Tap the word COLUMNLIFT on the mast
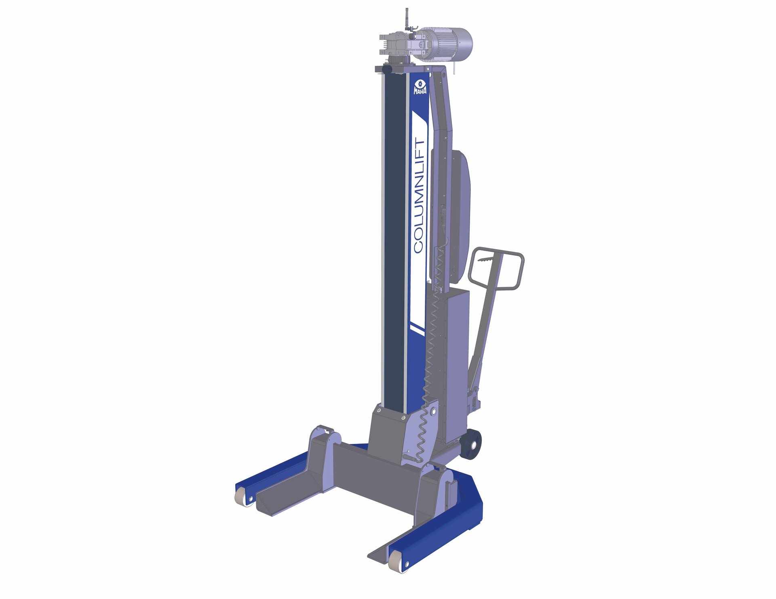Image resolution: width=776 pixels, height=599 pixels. click(419, 196)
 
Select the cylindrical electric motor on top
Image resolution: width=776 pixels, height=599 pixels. click(444, 43)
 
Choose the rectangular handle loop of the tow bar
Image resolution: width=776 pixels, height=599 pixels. click(496, 268)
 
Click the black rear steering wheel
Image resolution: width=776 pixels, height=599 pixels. click(472, 444)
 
